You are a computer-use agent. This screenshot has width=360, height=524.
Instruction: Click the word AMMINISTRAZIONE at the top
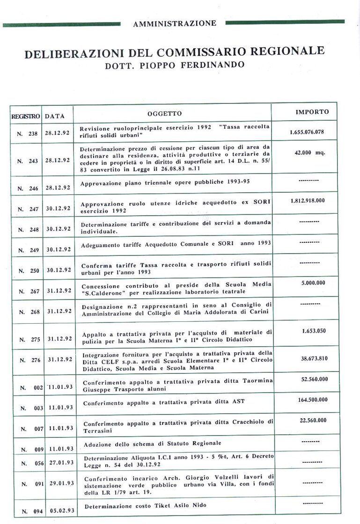click(x=175, y=23)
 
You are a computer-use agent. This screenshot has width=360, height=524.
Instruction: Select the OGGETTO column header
click(x=164, y=114)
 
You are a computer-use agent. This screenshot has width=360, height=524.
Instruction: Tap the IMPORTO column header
click(x=312, y=112)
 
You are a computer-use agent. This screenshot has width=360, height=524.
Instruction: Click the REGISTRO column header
click(x=26, y=116)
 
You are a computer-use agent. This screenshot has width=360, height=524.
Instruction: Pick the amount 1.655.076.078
click(x=307, y=132)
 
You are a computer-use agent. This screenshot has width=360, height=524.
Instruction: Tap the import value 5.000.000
click(x=313, y=283)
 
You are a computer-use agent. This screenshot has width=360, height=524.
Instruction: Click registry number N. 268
click(x=29, y=312)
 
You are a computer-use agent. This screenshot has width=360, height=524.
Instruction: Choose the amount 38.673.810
click(x=314, y=358)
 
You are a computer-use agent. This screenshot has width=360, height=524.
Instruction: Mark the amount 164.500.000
click(x=313, y=400)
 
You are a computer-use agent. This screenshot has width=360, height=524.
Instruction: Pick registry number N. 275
click(x=29, y=339)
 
